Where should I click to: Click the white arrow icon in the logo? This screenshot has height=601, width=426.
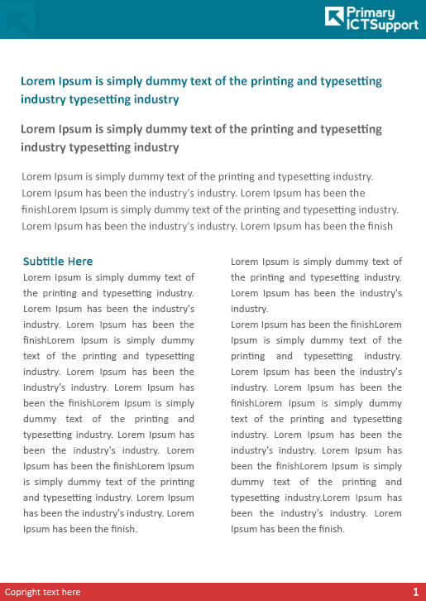click(334, 17)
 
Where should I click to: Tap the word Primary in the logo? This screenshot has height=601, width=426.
click(371, 12)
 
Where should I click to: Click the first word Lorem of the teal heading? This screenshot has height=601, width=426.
click(38, 81)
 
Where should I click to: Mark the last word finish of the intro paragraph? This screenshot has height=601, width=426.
click(378, 226)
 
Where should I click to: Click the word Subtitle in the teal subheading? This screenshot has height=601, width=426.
click(45, 262)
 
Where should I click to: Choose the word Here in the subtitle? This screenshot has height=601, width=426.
click(81, 262)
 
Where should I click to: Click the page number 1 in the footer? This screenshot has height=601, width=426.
click(415, 592)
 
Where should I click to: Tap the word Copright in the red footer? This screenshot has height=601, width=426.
click(23, 592)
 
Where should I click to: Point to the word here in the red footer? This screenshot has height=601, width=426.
click(72, 592)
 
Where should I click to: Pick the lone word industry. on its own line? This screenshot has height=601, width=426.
click(249, 309)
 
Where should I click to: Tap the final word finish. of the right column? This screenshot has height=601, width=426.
click(327, 529)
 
